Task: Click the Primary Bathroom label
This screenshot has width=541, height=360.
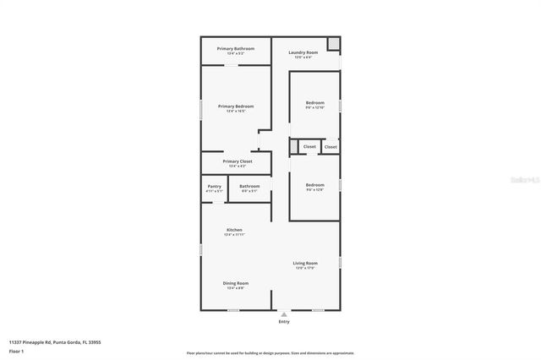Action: coord(236,49)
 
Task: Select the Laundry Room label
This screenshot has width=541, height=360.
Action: coord(303,53)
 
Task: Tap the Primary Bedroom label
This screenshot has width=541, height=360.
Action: coord(236,106)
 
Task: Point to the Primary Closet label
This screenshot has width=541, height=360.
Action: coord(238,161)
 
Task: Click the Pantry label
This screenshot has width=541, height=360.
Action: coord(215,186)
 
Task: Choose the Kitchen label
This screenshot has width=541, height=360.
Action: coord(234,231)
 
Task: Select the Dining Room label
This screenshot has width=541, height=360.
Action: coord(235,283)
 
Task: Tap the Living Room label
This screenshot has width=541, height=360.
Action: coord(305,264)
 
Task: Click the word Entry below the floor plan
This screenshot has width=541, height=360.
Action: coord(283,322)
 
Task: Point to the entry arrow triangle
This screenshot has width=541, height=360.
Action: coord(283,314)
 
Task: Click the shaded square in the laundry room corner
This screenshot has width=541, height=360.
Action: coord(334,43)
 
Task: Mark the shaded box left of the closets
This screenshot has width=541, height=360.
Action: coord(293,147)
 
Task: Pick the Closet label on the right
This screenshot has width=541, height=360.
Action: coord(331,147)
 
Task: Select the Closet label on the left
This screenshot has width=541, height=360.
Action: coord(309,147)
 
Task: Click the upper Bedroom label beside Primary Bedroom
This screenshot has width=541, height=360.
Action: coord(314,103)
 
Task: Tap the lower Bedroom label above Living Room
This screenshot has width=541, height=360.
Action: coord(314,185)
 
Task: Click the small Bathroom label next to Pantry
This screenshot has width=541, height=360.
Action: coord(249,186)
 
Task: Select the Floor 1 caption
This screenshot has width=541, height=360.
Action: coord(16,351)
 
